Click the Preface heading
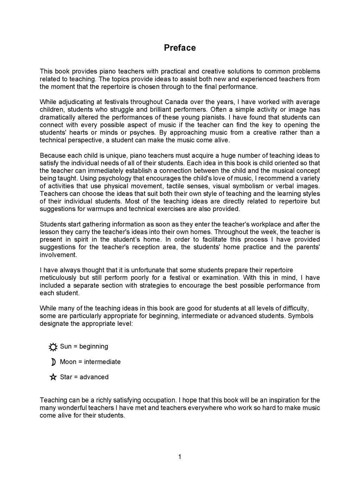click(x=180, y=48)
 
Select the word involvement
click(x=58, y=255)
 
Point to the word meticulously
click(x=58, y=278)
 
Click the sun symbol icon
click(x=53, y=347)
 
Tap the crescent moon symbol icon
click(x=53, y=362)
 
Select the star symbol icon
click(x=53, y=377)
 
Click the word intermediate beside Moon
click(x=102, y=362)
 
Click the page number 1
click(x=180, y=457)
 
